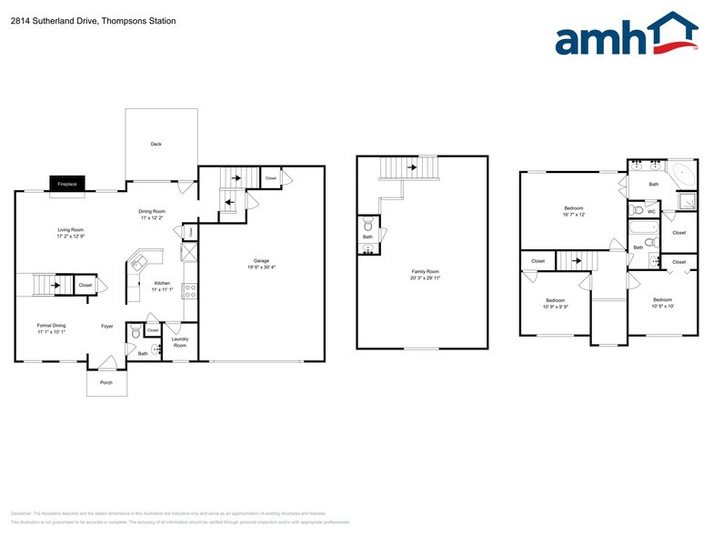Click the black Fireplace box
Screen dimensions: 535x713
point(67,184)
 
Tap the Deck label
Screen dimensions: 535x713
point(156,144)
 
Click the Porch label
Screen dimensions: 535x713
point(106,383)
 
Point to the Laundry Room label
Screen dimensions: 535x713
point(179,343)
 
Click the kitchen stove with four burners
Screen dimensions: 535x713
point(190,291)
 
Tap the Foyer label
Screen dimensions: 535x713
point(106,325)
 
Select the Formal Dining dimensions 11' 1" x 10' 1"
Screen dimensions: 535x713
point(51,332)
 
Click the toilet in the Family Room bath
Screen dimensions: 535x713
point(367,224)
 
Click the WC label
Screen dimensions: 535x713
point(651,211)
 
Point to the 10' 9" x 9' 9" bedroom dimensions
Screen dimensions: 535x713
point(555,307)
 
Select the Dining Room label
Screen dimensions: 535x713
point(152,211)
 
